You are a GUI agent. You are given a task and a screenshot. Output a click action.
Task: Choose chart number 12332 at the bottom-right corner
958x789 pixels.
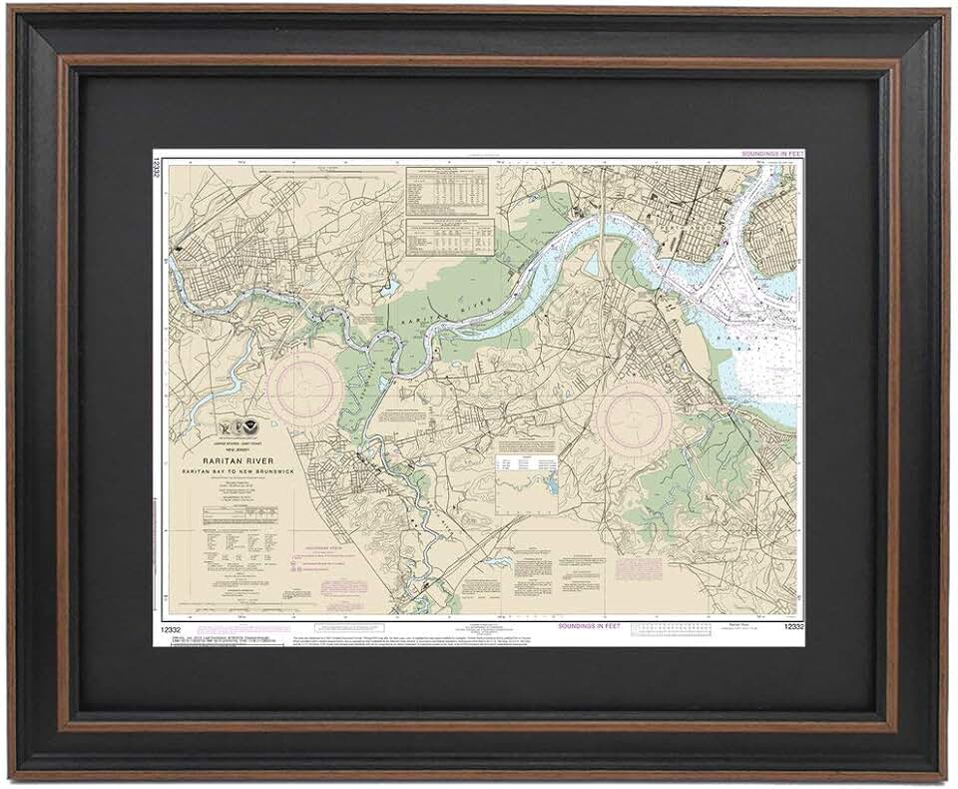click(x=793, y=626)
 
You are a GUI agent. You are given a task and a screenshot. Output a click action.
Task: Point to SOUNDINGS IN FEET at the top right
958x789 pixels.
click(x=772, y=154)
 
